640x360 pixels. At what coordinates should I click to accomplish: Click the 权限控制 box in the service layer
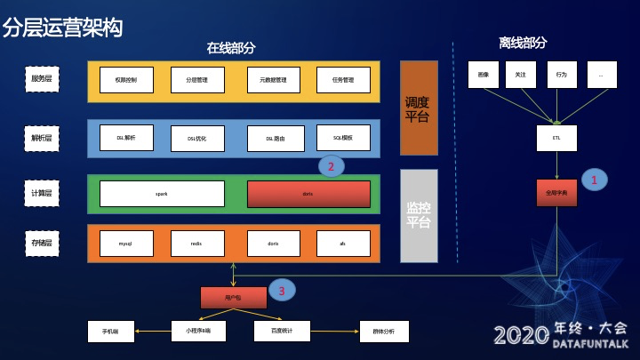pos(125,80)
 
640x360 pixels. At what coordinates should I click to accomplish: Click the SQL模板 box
pos(343,138)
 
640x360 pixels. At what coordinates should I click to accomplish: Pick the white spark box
pos(162,194)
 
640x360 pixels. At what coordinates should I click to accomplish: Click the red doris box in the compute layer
pos(308,194)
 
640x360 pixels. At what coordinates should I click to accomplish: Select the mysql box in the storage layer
pos(125,243)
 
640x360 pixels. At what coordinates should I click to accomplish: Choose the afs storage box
pos(343,243)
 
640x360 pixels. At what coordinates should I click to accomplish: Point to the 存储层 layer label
pos(42,243)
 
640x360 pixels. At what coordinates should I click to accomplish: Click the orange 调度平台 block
pos(419,108)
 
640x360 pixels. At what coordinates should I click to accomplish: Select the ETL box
pos(556,138)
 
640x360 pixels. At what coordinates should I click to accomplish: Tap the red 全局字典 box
pos(556,193)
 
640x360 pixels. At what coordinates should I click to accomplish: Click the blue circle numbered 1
pos(594,179)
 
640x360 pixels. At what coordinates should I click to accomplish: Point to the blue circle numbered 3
pos(282,290)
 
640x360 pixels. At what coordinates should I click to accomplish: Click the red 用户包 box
pos(233,298)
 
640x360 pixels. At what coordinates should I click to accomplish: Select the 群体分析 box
pos(384,332)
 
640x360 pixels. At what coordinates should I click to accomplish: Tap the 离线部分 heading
pos(523,43)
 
